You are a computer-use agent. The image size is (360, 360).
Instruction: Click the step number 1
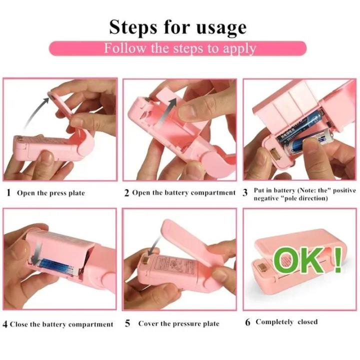(8, 192)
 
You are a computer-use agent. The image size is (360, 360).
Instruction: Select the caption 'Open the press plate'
(51, 193)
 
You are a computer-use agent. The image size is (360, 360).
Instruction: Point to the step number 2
(127, 192)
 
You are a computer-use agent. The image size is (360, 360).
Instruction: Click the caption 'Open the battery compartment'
(183, 192)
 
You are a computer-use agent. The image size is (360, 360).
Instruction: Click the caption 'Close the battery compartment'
(61, 324)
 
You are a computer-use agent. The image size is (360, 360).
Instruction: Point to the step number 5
(127, 323)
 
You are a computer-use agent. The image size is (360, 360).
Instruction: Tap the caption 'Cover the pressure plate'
(178, 323)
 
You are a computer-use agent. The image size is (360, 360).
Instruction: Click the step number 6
(247, 322)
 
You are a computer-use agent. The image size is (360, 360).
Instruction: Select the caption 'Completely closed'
(286, 321)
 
